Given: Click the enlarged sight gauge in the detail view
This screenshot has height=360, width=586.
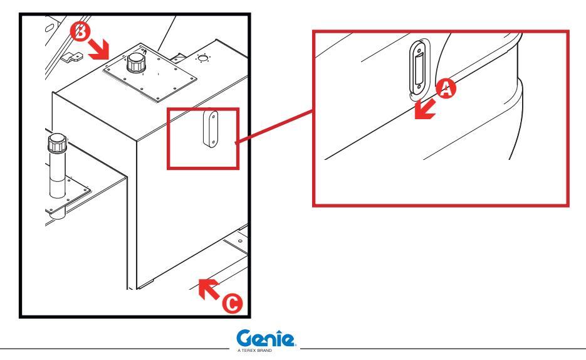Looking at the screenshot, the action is [417, 68].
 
